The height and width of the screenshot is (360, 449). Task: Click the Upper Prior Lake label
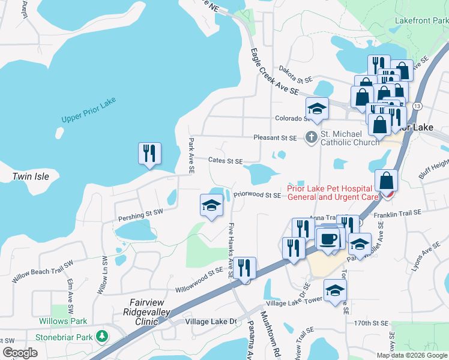point(88,110)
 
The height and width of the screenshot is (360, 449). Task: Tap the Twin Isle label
point(30,176)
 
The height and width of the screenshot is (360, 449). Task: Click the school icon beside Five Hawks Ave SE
point(211,205)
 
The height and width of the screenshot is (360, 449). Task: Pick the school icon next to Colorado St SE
point(317,108)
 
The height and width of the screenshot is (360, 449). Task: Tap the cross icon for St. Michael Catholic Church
point(311,137)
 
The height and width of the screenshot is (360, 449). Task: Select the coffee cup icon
point(328,239)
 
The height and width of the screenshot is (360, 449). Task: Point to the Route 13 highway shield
point(417,106)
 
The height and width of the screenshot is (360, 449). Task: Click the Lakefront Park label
point(421,20)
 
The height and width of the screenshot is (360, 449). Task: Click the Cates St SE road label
point(225,161)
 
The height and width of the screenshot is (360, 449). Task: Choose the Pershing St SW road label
point(140,212)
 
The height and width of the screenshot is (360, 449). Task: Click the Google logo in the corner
point(20,353)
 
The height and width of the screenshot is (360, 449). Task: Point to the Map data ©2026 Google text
point(412,355)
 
